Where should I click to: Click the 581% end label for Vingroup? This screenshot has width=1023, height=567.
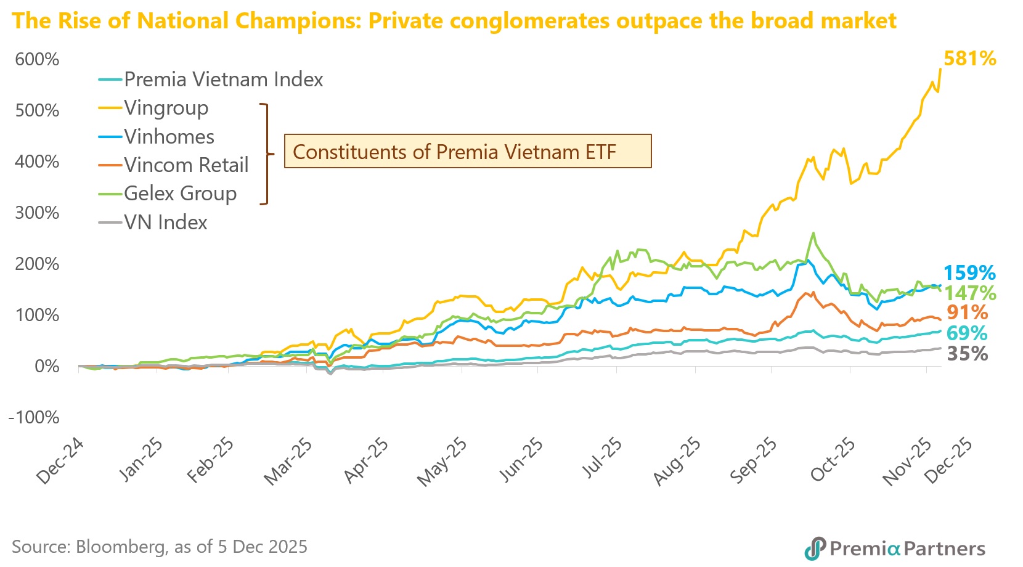coord(969,59)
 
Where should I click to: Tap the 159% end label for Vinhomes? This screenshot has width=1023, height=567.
coord(969,272)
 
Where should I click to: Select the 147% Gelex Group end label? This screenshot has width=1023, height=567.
coord(970,293)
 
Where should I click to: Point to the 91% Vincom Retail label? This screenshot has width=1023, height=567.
coord(967,312)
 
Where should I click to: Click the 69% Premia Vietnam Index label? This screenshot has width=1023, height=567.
coord(966,333)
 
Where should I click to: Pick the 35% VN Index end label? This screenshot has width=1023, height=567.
coord(967,354)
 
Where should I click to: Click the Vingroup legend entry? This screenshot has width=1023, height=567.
coord(166,108)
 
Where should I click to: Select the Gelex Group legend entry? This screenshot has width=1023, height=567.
coord(180,194)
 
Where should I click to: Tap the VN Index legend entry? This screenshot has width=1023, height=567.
coord(165,222)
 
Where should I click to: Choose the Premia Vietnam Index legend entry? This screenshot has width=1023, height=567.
coord(223,80)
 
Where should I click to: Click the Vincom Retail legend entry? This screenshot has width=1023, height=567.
coord(185,165)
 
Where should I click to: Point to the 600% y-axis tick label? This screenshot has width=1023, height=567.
coord(37,59)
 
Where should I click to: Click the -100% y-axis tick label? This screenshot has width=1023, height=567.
coord(34,417)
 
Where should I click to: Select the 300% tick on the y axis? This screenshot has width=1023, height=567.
coord(37,213)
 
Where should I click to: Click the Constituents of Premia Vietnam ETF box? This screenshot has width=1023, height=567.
coord(467,151)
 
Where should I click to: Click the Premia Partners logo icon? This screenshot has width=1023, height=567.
coord(815,548)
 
